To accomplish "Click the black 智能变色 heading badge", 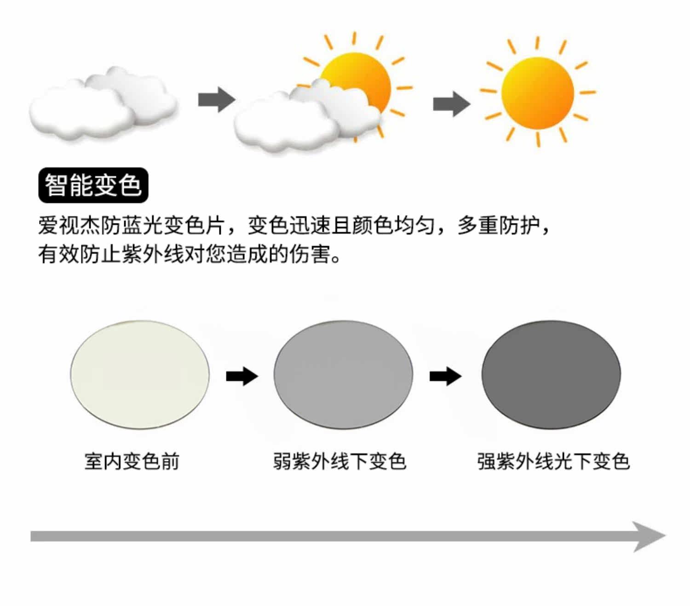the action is (93, 185).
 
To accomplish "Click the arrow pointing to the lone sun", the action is (451, 104).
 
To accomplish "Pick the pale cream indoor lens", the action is (140, 375).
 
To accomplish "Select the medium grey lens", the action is (343, 375).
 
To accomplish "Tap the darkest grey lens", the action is (551, 375).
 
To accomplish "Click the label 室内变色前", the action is (132, 461).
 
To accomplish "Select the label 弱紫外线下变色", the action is (339, 461).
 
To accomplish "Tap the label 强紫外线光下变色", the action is (553, 461).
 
